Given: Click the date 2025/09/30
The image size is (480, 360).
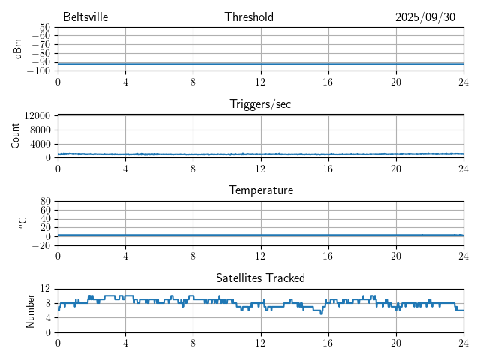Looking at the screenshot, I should pyautogui.click(x=425, y=17).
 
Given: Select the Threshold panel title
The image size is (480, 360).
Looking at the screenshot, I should pyautogui.click(x=249, y=17).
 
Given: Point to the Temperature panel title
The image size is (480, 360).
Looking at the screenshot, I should pyautogui.click(x=260, y=191).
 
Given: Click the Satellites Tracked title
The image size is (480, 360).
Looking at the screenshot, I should pyautogui.click(x=260, y=278).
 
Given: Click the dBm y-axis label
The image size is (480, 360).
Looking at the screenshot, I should pyautogui.click(x=18, y=49).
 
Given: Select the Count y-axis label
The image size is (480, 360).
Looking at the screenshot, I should pyautogui.click(x=16, y=136).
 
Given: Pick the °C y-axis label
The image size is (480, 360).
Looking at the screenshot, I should pyautogui.click(x=23, y=223).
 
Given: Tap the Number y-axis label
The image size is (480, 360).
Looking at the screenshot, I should pyautogui.click(x=31, y=310).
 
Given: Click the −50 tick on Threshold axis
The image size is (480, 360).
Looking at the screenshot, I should pyautogui.click(x=40, y=27).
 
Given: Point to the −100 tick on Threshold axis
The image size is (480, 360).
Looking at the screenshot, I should pyautogui.click(x=38, y=70).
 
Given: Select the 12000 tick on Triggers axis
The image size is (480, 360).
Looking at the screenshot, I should pyautogui.click(x=37, y=116).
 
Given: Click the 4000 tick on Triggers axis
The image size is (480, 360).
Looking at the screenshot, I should pyautogui.click(x=40, y=144).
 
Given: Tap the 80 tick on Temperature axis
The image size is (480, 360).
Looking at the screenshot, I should pyautogui.click(x=46, y=202).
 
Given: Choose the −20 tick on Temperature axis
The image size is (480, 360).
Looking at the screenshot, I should pyautogui.click(x=40, y=245).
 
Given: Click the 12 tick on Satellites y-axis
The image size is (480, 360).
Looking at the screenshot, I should pyautogui.click(x=46, y=289).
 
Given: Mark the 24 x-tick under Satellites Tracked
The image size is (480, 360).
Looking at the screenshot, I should pyautogui.click(x=463, y=343).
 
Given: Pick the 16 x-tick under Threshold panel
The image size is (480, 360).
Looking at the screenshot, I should pyautogui.click(x=328, y=82).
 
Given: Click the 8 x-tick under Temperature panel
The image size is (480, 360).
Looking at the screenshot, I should pyautogui.click(x=193, y=256).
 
